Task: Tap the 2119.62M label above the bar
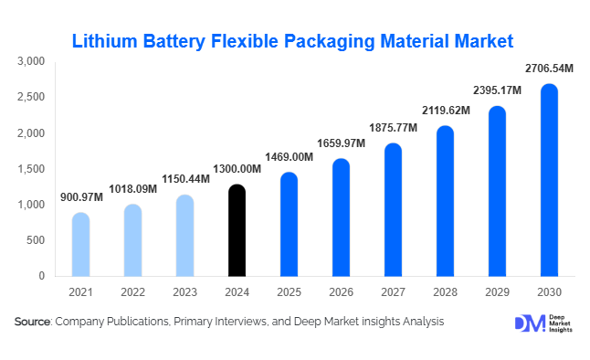coord(445,111)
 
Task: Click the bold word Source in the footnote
coord(33,322)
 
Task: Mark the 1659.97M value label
coord(340,143)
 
